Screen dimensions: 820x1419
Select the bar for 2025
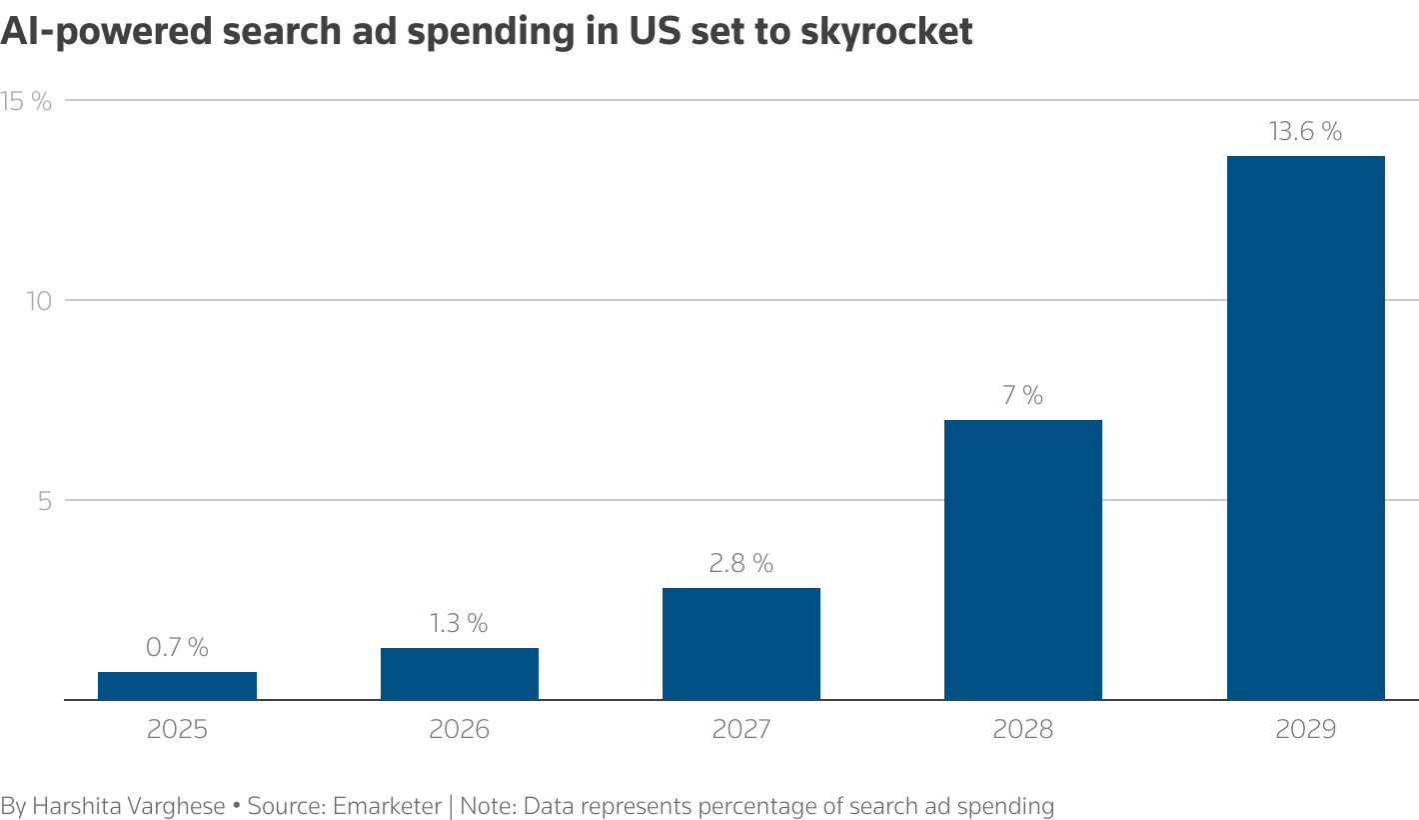click(177, 686)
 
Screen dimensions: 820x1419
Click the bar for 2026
click(460, 674)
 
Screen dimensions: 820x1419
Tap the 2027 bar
click(741, 644)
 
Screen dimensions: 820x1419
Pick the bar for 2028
click(1023, 560)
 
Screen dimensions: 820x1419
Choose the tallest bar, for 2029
click(1305, 428)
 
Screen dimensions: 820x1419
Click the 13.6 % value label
click(1305, 131)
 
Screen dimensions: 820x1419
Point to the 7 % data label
click(1023, 395)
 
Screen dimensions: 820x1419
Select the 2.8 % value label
click(741, 563)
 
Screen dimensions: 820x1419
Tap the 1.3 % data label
click(460, 623)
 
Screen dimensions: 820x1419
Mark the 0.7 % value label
click(177, 647)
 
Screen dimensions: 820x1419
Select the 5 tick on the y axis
click(44, 500)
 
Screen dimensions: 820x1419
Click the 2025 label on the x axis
click(177, 729)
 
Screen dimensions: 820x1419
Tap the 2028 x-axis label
click(1023, 729)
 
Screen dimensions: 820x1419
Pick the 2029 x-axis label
click(1305, 729)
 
